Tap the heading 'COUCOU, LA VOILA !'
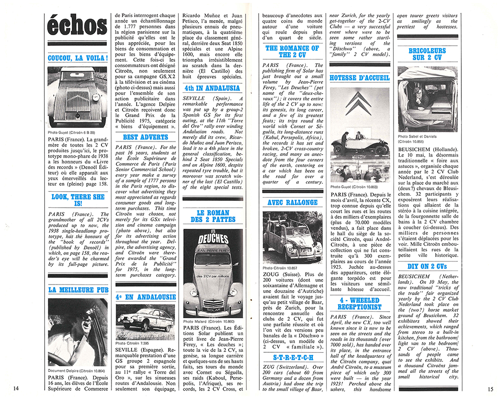pyautogui.click(x=77, y=58)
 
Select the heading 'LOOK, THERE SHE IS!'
pyautogui.click(x=77, y=200)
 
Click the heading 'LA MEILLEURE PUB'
pyautogui.click(x=77, y=290)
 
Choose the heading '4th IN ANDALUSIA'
pyautogui.click(x=212, y=88)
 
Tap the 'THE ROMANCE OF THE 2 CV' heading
pyautogui.click(x=292, y=52)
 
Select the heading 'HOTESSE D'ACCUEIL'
pyautogui.click(x=359, y=78)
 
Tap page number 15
pyautogui.click(x=490, y=387)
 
